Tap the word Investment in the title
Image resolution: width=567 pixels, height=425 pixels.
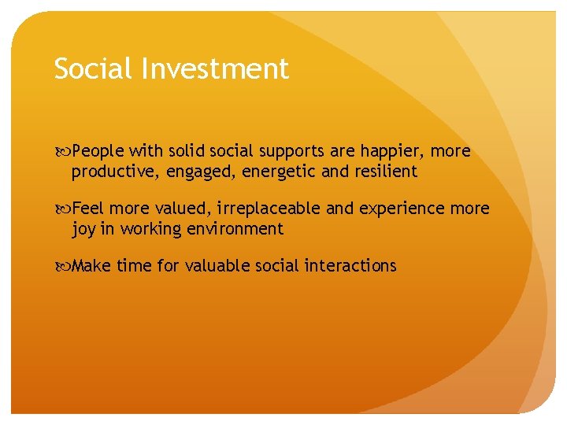(x=216, y=68)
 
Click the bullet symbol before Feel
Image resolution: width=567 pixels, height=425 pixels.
(x=62, y=209)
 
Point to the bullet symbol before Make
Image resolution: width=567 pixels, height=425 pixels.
(x=62, y=266)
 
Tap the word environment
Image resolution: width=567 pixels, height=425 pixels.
(x=237, y=229)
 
